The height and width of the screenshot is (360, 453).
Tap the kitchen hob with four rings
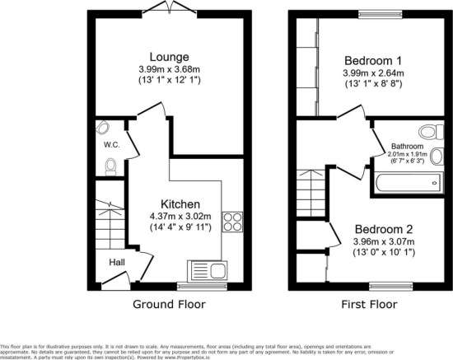233,221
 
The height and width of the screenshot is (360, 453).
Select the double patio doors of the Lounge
170,7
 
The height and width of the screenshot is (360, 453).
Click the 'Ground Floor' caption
170,304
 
